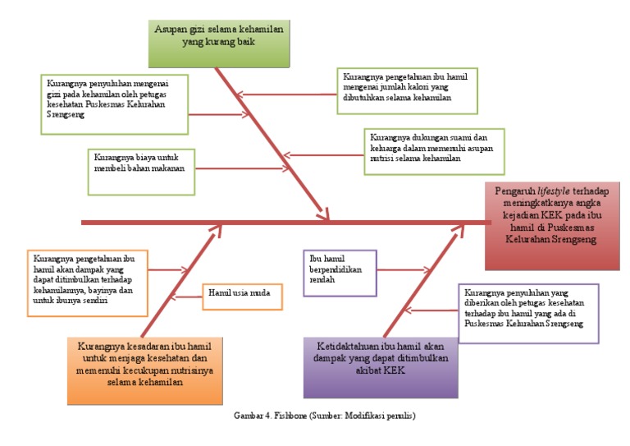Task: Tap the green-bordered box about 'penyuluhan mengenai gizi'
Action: tap(113, 103)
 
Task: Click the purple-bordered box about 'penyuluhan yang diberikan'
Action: tap(527, 313)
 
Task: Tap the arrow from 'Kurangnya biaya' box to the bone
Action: tap(238, 169)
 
